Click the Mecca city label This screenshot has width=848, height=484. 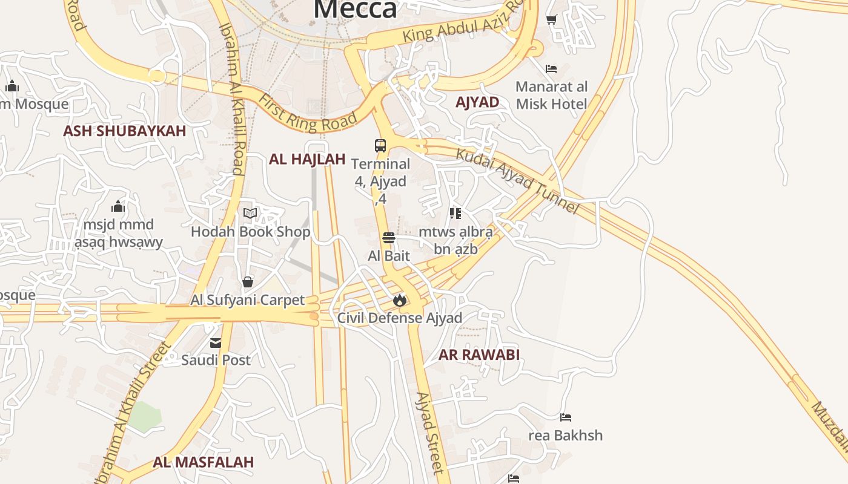click(x=356, y=8)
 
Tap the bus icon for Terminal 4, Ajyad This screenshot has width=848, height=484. click(x=380, y=146)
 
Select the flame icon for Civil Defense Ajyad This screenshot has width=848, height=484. click(x=399, y=299)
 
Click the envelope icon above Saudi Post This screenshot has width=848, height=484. click(x=216, y=343)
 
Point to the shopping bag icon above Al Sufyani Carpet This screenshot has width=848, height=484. click(x=248, y=282)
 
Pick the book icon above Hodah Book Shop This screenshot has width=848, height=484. click(x=250, y=213)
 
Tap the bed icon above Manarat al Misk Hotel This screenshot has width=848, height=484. click(x=551, y=69)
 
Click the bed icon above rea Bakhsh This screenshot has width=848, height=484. click(x=566, y=417)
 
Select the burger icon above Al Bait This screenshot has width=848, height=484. click(x=389, y=238)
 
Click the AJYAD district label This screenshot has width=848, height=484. click(x=477, y=102)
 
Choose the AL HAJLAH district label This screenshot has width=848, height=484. click(x=307, y=159)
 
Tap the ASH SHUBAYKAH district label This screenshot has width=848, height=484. click(x=124, y=131)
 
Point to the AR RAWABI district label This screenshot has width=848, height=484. click(x=479, y=355)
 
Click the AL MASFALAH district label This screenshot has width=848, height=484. click(x=203, y=462)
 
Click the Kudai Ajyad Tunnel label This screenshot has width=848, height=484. click(x=517, y=180)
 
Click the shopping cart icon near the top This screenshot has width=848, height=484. click(x=552, y=20)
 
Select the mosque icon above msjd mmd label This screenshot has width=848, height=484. click(x=118, y=207)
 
